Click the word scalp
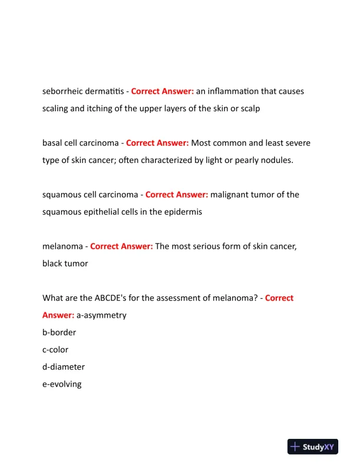[249, 109]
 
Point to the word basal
[53, 143]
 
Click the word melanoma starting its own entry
[62, 247]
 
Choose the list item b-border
[59, 332]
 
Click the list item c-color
[55, 349]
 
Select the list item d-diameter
[64, 367]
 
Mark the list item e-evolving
[62, 384]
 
